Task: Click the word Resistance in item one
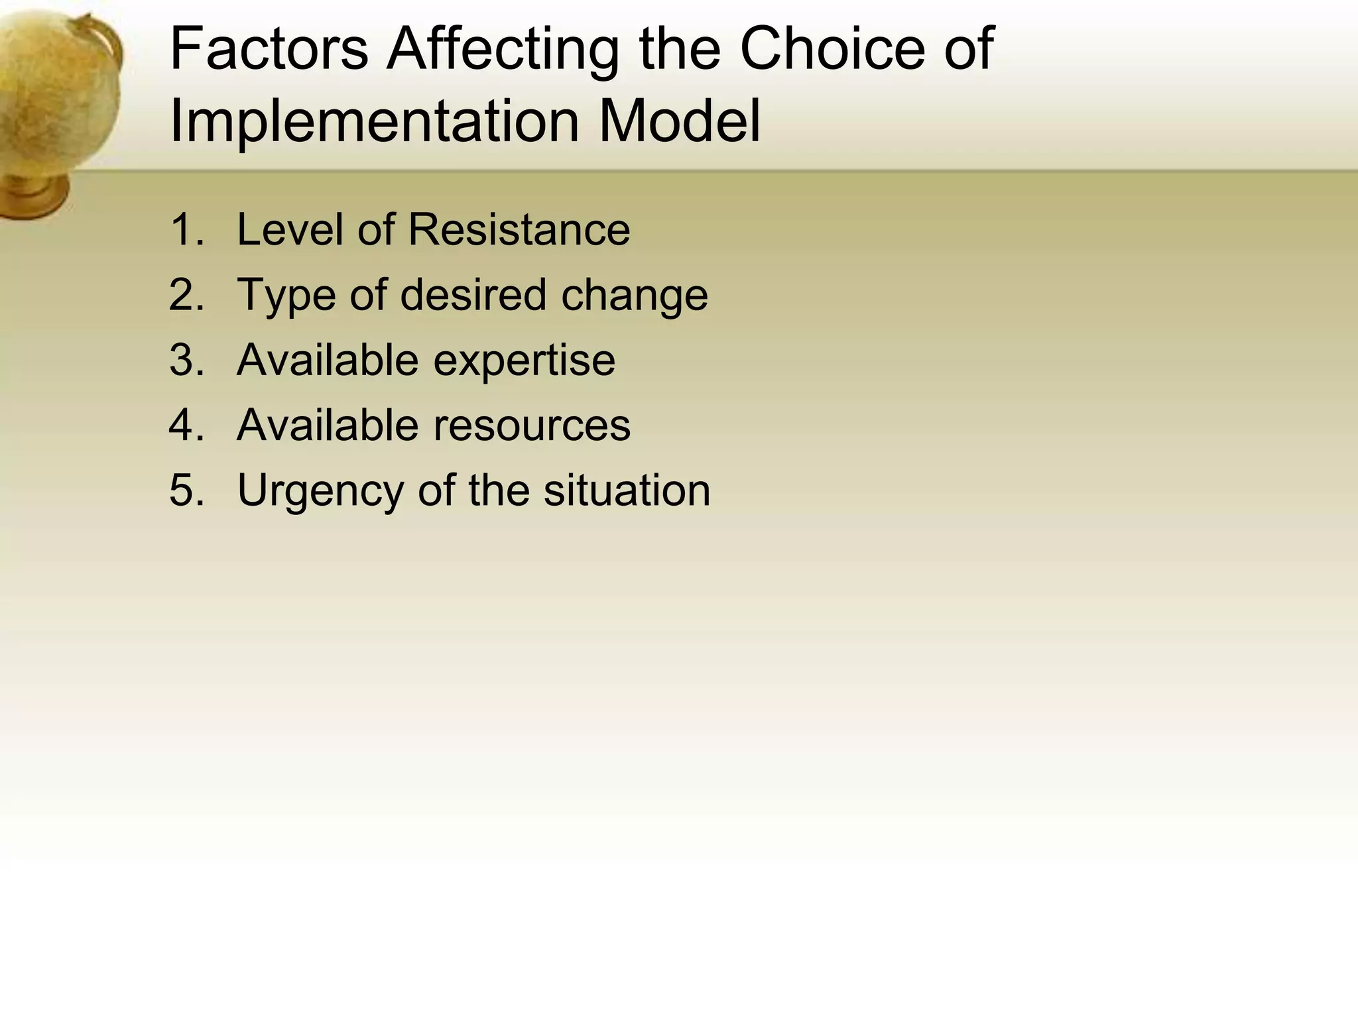pyautogui.click(x=519, y=230)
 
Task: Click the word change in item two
pyautogui.click(x=634, y=296)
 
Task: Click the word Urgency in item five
pyautogui.click(x=320, y=491)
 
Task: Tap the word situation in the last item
pyautogui.click(x=627, y=490)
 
